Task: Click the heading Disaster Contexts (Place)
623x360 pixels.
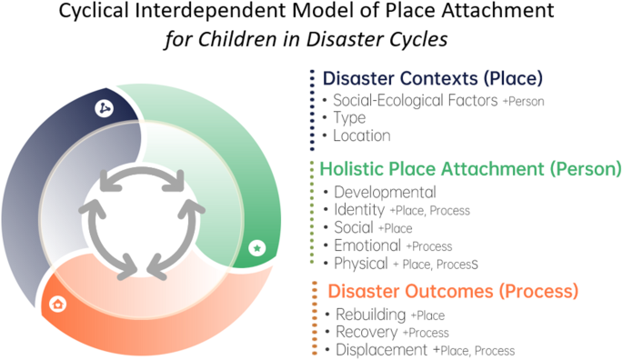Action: coord(433,77)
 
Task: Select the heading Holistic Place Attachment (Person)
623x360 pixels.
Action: coord(470,168)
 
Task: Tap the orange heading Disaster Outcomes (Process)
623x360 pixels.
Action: coord(452,292)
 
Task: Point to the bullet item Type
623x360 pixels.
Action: coord(349,118)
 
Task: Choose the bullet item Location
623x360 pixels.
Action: coord(362,135)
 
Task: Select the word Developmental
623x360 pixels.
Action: coord(385,192)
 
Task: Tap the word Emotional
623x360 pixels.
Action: coord(367,245)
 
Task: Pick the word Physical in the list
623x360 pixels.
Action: coord(361,264)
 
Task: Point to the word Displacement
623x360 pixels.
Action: coord(382,349)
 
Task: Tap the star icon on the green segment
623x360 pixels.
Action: coord(256,246)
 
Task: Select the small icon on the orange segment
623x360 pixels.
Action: coord(59,303)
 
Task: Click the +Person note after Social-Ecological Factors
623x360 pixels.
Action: coord(524,102)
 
